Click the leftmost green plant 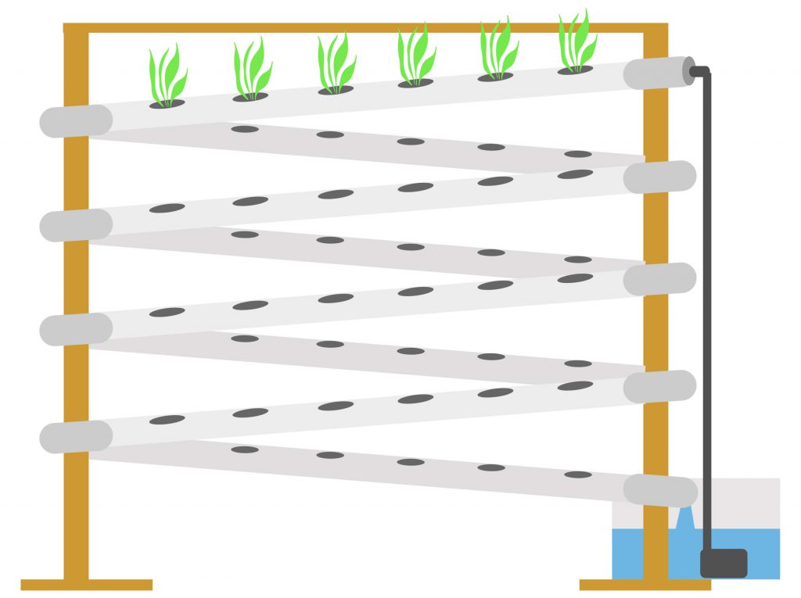click(167, 77)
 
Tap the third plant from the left click(336, 63)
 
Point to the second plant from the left click(252, 70)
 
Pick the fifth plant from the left click(497, 50)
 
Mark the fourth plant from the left click(415, 56)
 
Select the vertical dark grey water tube click(708, 313)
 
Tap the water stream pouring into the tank click(684, 519)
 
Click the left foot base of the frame click(86, 584)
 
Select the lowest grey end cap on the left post click(76, 437)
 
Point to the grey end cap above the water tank click(660, 491)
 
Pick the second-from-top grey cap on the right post click(660, 177)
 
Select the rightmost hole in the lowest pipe click(577, 474)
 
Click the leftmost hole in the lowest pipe click(245, 449)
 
